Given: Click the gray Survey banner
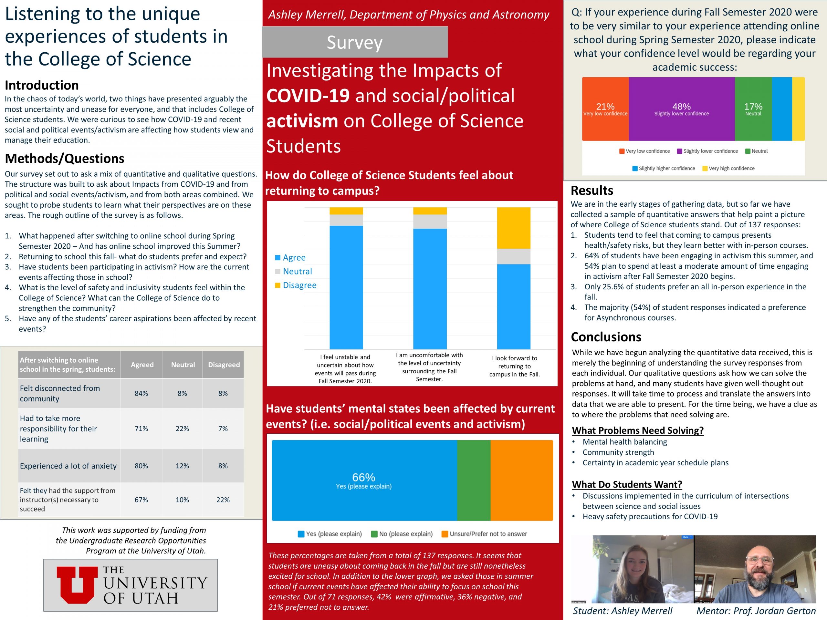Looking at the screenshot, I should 354,42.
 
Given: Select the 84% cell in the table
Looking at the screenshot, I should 141,393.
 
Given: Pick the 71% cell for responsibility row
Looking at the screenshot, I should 141,428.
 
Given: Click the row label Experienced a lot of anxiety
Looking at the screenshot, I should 68,466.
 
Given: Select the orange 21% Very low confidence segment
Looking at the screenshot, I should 605,109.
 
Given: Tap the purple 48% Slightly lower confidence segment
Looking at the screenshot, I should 681,109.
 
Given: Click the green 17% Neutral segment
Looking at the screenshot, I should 753,109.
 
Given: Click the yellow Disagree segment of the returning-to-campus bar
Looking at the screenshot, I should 513,228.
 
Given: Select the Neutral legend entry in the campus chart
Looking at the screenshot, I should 297,271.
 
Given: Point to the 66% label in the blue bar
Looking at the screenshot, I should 363,477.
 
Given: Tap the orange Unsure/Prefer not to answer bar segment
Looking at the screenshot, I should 521,480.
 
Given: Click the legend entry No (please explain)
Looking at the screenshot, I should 402,534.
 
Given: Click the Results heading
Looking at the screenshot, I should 592,191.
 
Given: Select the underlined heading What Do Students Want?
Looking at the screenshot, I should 627,484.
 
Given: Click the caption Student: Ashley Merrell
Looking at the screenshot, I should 623,611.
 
